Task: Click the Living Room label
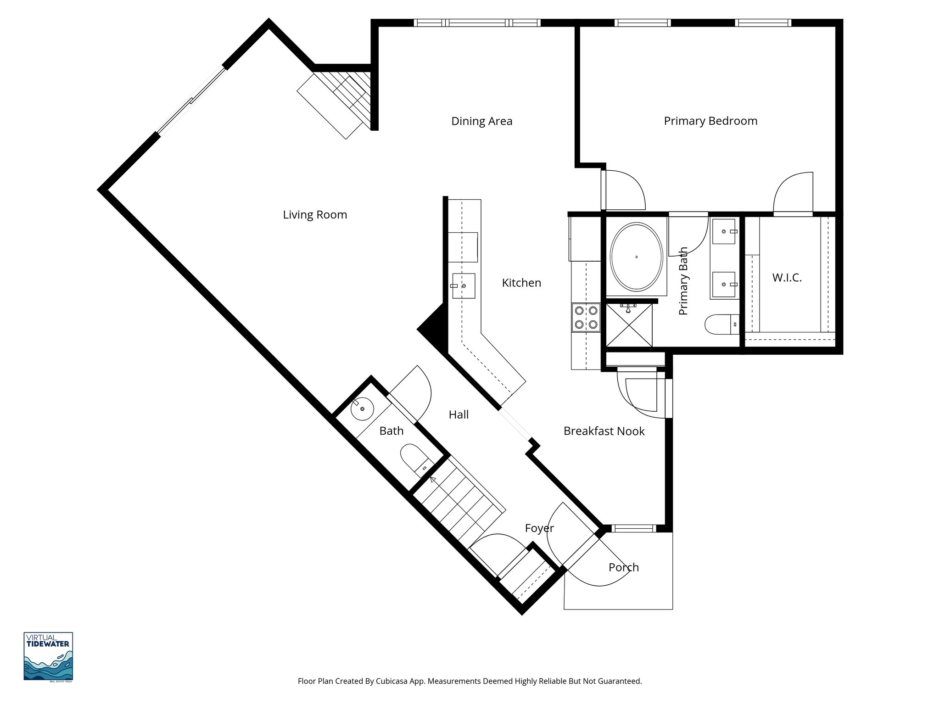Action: tap(315, 215)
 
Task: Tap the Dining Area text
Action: tap(481, 121)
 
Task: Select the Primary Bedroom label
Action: tap(710, 121)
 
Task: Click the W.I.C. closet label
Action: tap(787, 278)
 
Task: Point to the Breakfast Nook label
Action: tap(604, 431)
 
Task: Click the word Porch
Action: tap(623, 567)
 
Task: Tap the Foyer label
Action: tap(539, 528)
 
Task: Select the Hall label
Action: tap(459, 415)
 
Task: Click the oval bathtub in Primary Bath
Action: tap(636, 257)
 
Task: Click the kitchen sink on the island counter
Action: tap(464, 286)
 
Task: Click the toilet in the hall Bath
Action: tap(414, 459)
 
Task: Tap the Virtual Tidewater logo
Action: tap(48, 657)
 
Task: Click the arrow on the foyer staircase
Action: tap(433, 480)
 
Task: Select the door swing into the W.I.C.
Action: tap(794, 193)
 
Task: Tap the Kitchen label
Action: tap(521, 283)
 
